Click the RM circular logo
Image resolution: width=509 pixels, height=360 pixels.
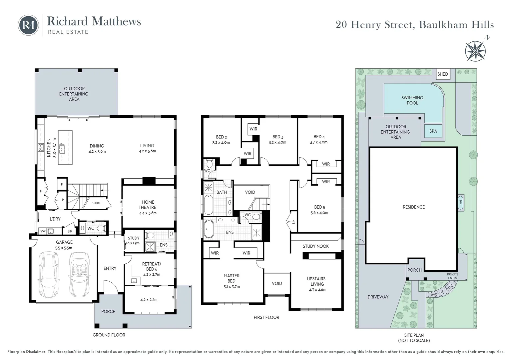(x=28, y=25)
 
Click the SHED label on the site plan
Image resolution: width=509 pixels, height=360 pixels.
(x=442, y=74)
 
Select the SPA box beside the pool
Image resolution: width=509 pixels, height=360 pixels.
(x=433, y=131)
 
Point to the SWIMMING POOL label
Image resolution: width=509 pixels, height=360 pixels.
(x=412, y=100)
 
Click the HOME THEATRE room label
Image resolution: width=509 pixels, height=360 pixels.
(x=148, y=205)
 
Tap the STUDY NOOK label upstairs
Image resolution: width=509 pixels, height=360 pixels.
(x=315, y=246)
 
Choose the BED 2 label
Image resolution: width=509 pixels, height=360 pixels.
(x=221, y=137)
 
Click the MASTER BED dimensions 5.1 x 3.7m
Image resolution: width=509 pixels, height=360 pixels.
(x=232, y=287)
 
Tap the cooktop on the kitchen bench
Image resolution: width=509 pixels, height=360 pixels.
(x=41, y=147)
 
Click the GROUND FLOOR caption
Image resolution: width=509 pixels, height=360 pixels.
(x=109, y=335)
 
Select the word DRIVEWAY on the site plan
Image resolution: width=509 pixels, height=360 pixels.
(x=378, y=297)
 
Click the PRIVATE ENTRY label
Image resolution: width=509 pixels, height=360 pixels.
(x=452, y=276)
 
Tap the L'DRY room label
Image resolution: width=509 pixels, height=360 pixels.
(x=55, y=219)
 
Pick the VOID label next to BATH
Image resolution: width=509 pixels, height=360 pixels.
(x=250, y=192)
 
